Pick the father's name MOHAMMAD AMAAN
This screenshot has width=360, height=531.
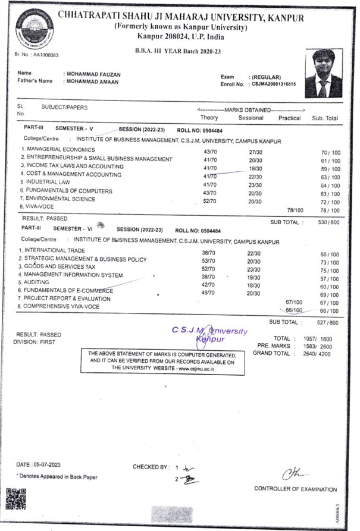[92, 82]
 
